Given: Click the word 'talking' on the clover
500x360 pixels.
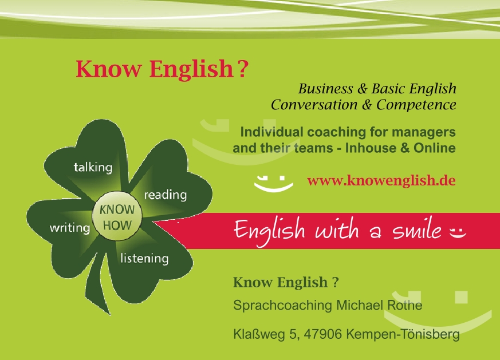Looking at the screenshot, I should coord(93,168).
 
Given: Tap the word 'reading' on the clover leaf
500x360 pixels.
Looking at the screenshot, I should coord(165,195).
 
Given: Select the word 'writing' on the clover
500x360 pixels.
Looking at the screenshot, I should coord(70,228).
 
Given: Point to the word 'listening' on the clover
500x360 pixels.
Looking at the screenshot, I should coord(144,258).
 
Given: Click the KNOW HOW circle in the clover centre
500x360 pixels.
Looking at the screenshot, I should coord(117,217).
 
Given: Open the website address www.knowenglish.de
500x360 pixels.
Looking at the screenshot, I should coord(381,181).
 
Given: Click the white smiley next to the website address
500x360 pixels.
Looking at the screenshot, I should coord(273,182).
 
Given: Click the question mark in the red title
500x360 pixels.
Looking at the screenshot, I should coord(243,69).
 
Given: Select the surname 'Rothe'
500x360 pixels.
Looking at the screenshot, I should coord(404,306).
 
